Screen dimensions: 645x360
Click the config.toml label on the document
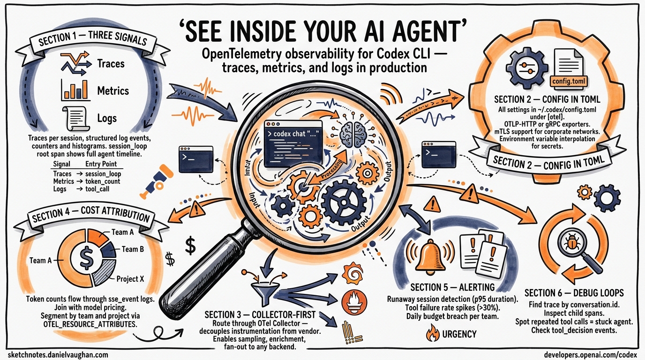click(x=569, y=81)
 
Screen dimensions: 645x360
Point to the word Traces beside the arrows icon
click(x=111, y=64)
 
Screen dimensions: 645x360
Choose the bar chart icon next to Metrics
click(x=76, y=90)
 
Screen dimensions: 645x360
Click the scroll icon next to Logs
click(x=75, y=118)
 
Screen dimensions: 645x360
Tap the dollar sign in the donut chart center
click(x=86, y=257)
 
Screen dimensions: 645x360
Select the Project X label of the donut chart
click(x=130, y=279)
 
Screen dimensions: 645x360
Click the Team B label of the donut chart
click(x=133, y=249)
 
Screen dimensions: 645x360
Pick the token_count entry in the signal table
click(x=103, y=181)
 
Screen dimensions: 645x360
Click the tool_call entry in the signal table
click(x=97, y=189)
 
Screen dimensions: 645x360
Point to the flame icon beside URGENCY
click(x=433, y=333)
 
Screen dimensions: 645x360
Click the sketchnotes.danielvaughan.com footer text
click(x=58, y=354)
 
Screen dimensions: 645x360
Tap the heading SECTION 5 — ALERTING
click(x=452, y=287)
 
